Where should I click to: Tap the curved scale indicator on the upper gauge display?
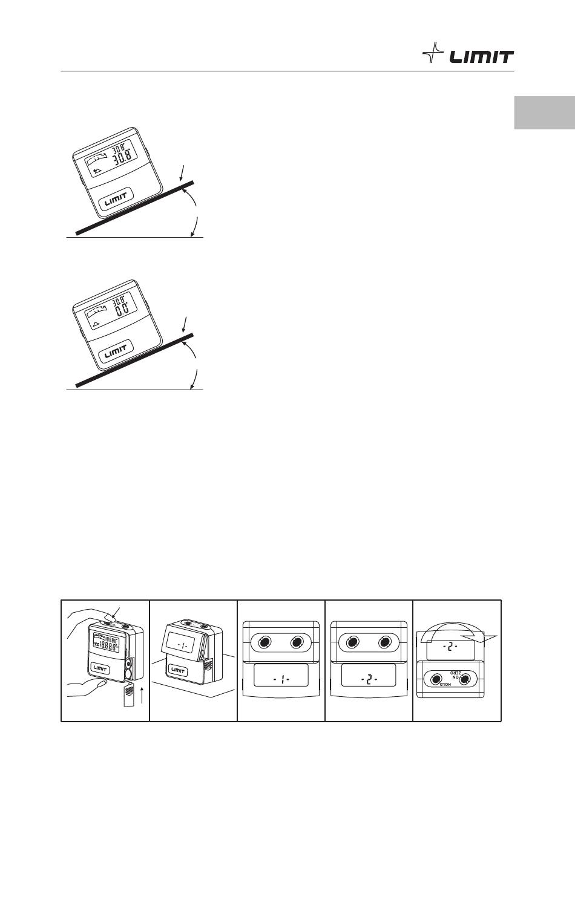click(96, 161)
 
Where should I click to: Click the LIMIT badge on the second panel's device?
click(177, 670)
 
